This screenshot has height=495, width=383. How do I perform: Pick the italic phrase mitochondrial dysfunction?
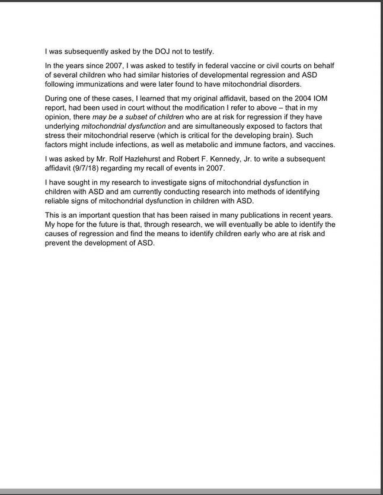pyautogui.click(x=124, y=126)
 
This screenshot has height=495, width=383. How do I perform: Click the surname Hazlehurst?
pyautogui.click(x=148, y=159)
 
